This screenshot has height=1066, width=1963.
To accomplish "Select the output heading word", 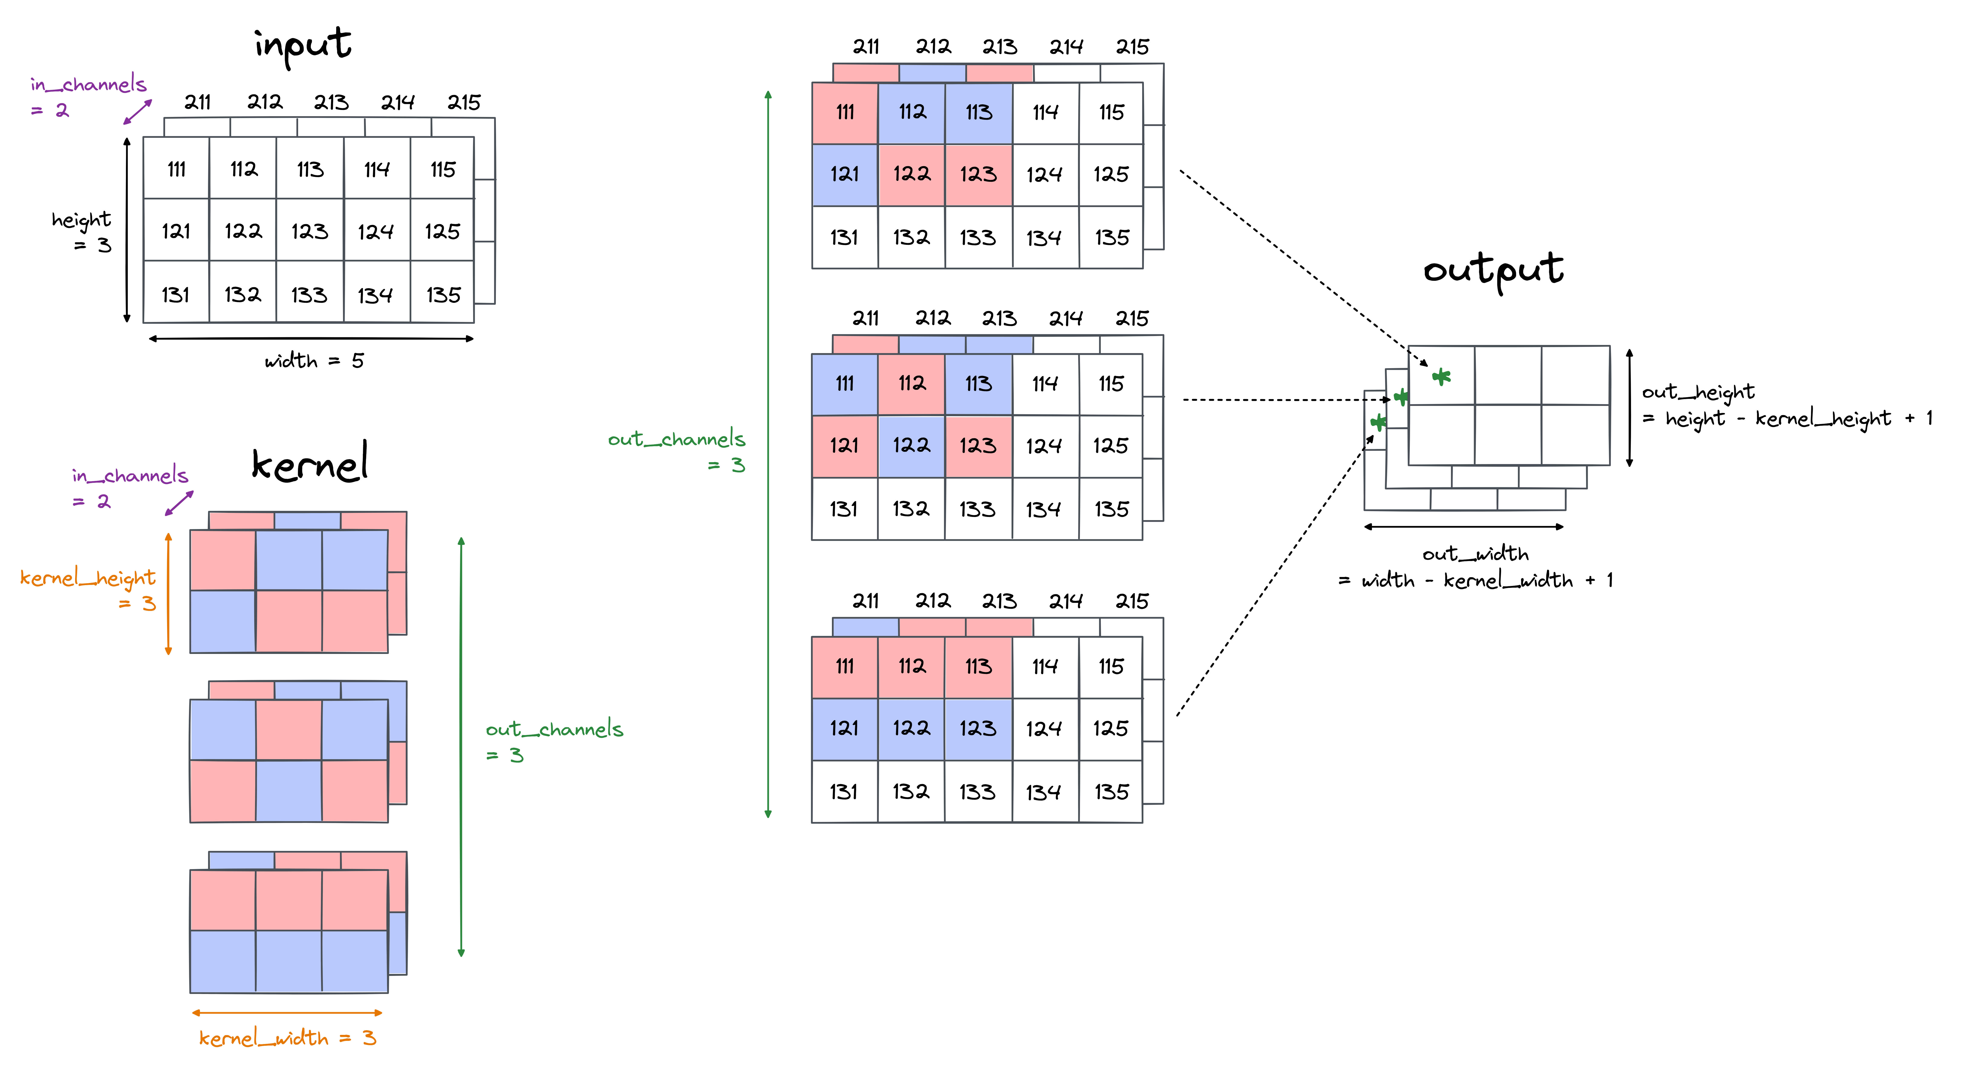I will point(1493,269).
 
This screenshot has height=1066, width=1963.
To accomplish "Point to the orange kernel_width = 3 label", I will point(287,1038).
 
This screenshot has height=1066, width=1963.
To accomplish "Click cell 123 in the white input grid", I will point(309,231).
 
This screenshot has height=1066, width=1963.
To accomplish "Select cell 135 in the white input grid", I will point(443,295).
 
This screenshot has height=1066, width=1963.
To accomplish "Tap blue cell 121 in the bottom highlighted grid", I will point(844,728).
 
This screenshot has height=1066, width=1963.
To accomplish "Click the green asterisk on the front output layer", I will point(1441,376).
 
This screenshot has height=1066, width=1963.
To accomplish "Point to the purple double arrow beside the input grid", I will point(138,112).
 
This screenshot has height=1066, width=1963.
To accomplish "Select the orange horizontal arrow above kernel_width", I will point(287,1013).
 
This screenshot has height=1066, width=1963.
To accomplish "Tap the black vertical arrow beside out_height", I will point(1629,408).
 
